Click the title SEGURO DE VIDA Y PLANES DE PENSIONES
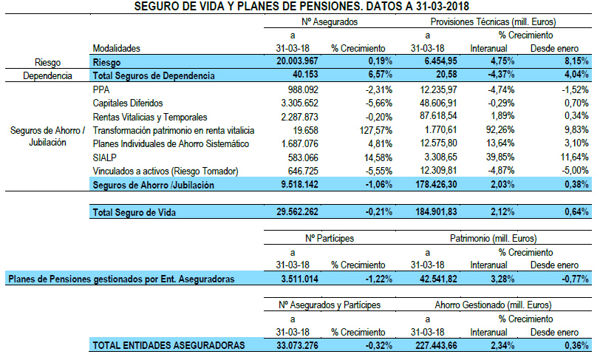pyautogui.click(x=299, y=7)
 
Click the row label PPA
pyautogui.click(x=101, y=89)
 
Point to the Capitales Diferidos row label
pyautogui.click(x=126, y=103)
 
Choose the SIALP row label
pyautogui.click(x=105, y=157)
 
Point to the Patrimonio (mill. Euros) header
pyautogui.click(x=493, y=239)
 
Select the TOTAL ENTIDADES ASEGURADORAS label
pyautogui.click(x=168, y=344)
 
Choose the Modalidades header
pyautogui.click(x=117, y=48)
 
